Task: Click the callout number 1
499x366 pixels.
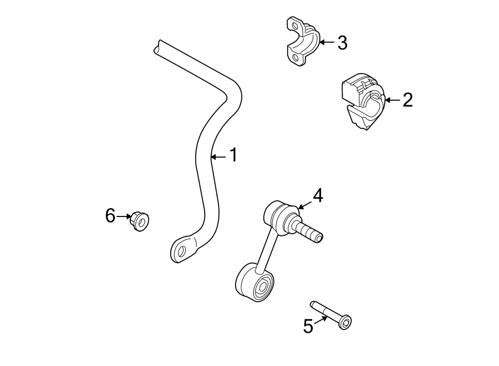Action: [233, 156]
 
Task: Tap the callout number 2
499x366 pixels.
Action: [408, 100]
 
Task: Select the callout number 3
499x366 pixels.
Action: [342, 43]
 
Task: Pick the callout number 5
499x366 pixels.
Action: [308, 327]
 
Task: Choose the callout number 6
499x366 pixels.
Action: [110, 215]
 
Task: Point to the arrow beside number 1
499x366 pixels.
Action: [218, 157]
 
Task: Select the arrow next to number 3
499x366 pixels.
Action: [326, 42]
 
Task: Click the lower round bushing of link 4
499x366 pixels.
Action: [256, 283]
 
